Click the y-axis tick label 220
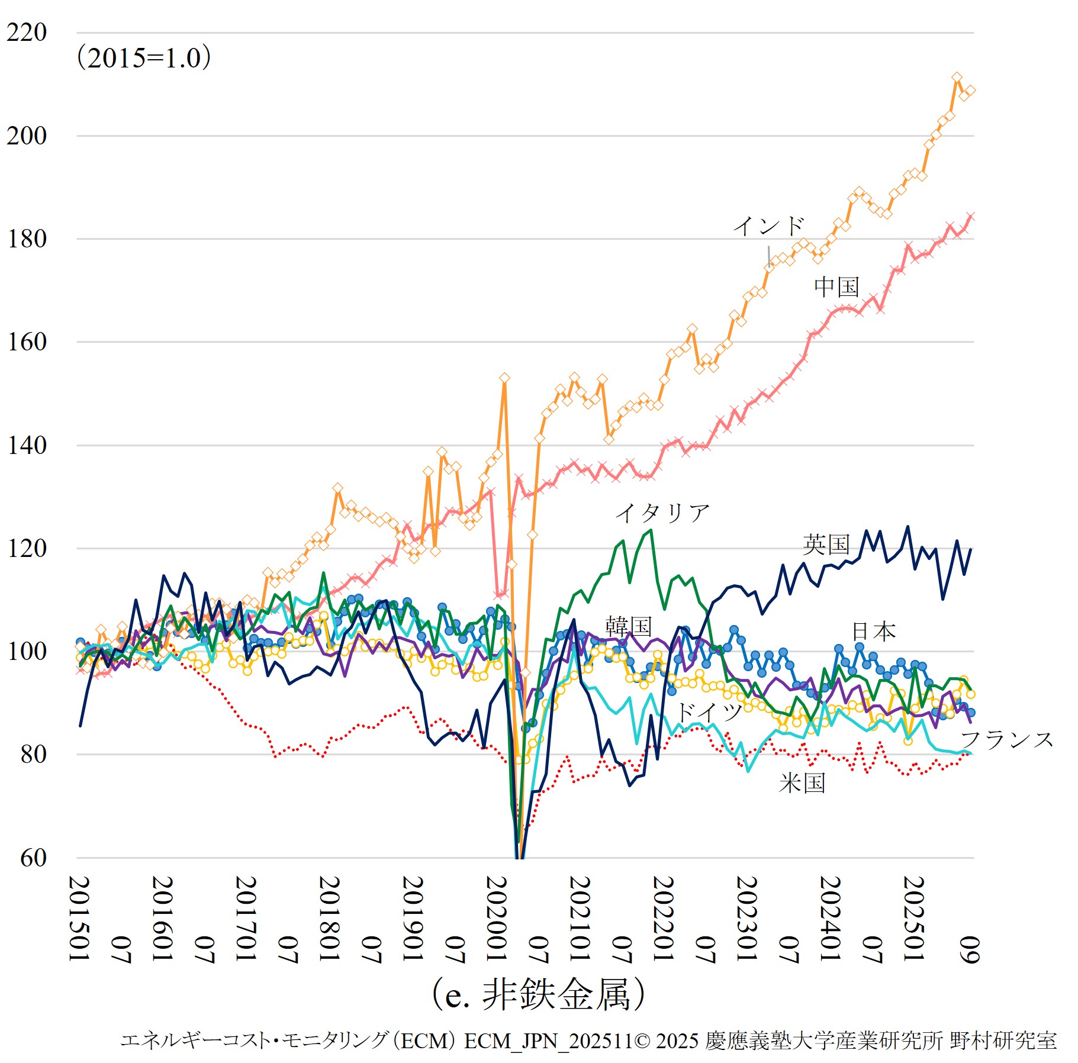[27, 33]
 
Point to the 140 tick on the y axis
[27, 445]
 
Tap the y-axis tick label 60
[33, 858]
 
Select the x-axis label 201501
[80, 919]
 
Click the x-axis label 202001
[497, 919]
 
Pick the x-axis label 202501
[913, 919]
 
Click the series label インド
[768, 226]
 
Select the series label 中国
[836, 287]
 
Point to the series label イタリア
[662, 513]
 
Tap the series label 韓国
[628, 626]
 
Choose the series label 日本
[873, 632]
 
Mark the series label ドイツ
[709, 711]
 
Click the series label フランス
[1006, 739]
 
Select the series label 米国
[802, 783]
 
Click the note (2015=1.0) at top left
[144, 58]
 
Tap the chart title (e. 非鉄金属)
[538, 994]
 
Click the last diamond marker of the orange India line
[970, 91]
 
